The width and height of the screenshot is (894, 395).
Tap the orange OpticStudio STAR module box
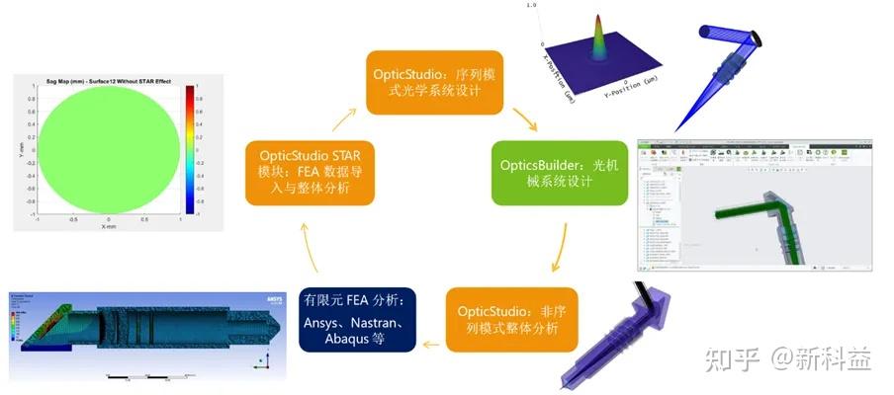pos(311,172)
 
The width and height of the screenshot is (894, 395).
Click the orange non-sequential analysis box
pos(509,319)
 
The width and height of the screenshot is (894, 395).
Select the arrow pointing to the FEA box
pos(431,344)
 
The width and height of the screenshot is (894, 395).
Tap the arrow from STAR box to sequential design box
pos(343,119)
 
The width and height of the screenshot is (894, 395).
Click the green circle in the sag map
pos(109,148)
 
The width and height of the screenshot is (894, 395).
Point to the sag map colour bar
pos(189,148)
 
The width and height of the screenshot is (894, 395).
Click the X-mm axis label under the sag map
pos(108,225)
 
